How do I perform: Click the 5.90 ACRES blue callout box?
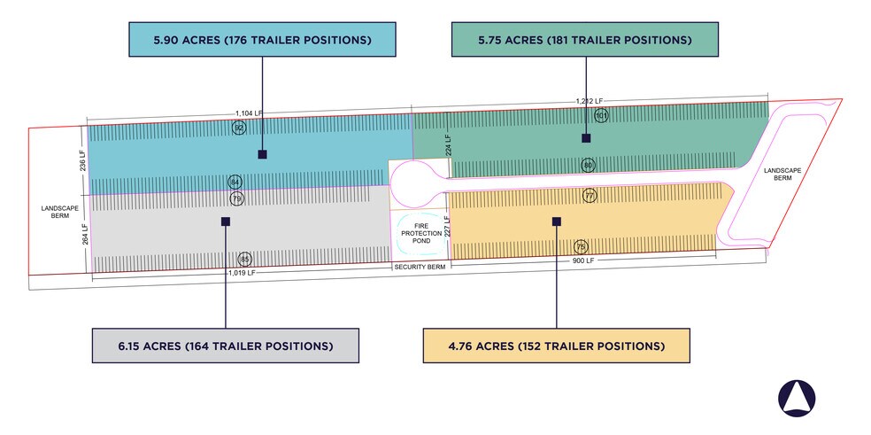(262, 40)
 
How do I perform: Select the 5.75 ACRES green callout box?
(585, 40)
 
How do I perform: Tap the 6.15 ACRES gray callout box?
(226, 346)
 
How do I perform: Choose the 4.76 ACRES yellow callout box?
(557, 346)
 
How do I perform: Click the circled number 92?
(239, 128)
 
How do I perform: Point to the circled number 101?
(601, 116)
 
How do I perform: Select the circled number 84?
(235, 182)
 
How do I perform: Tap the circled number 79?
(236, 198)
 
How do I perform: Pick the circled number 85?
(245, 260)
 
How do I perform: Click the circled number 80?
(588, 165)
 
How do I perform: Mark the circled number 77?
(590, 196)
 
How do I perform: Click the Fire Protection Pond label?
(421, 233)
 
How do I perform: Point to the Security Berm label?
(420, 267)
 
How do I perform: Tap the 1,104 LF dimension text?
(249, 113)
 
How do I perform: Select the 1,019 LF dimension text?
(242, 273)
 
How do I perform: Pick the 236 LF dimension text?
(83, 160)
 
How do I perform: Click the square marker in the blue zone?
(262, 155)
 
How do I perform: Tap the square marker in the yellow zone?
(557, 221)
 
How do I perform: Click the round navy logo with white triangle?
(797, 399)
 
